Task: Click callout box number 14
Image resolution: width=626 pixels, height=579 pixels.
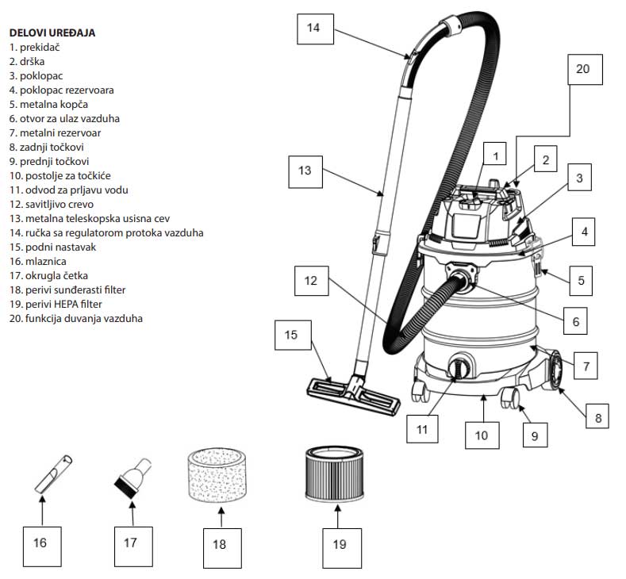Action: pos(313,28)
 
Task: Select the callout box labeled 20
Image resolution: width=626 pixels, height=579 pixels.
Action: pos(582,70)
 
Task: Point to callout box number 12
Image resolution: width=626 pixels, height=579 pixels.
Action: pos(310,280)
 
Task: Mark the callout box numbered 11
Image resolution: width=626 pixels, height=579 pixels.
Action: pos(422,429)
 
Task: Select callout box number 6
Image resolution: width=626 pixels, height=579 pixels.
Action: pos(576,322)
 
